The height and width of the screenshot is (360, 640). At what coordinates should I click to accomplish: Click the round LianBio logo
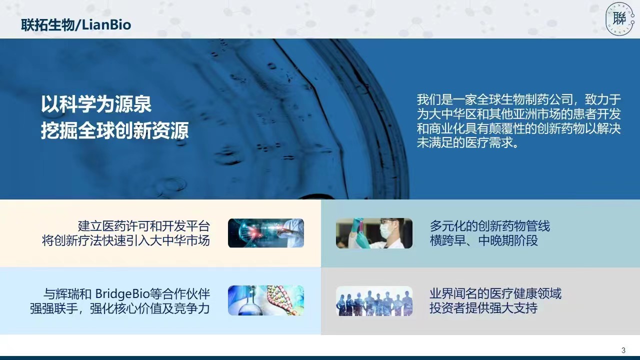(619, 19)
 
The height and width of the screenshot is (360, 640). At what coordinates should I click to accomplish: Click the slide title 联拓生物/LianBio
(76, 25)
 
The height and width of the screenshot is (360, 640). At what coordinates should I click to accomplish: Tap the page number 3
(623, 350)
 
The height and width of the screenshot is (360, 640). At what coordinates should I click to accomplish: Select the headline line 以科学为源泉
(96, 104)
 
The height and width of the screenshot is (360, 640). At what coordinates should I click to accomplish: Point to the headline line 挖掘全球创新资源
(114, 130)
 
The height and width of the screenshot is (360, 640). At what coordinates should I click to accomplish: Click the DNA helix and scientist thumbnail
(265, 233)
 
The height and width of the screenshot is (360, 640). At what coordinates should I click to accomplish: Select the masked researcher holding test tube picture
(374, 233)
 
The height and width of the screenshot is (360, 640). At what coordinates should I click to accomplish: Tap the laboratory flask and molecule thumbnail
(265, 300)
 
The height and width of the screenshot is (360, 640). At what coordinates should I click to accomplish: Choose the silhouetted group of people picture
(374, 301)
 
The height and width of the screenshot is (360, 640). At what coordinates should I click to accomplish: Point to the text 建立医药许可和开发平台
(144, 226)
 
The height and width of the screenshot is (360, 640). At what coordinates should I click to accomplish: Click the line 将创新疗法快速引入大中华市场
(126, 240)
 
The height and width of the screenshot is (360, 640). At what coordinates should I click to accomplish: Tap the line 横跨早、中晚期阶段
(483, 240)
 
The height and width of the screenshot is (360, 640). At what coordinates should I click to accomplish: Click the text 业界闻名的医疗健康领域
(495, 293)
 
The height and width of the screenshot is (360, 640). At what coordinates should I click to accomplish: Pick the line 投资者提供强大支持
(483, 308)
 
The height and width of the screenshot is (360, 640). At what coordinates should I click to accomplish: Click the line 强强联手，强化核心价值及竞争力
(120, 308)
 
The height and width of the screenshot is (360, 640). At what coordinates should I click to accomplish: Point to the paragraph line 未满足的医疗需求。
(467, 142)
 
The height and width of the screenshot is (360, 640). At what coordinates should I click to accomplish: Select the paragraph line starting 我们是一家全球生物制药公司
(519, 99)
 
